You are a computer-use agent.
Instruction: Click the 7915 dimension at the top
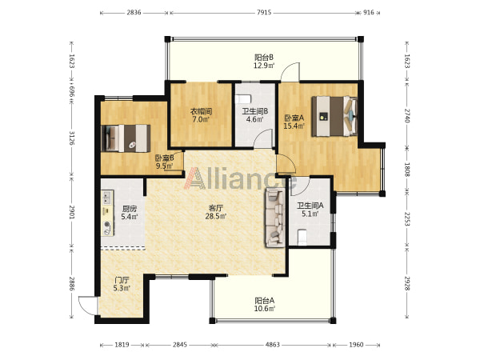point(263,13)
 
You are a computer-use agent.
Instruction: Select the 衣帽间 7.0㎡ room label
point(201,115)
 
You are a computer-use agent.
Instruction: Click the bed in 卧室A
point(334,116)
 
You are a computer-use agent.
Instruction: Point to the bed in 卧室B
point(126,138)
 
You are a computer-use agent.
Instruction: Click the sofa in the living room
point(275,218)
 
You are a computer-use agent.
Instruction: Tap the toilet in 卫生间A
point(302,238)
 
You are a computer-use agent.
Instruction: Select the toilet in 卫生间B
point(243,99)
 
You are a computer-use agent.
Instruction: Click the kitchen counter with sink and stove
point(107,213)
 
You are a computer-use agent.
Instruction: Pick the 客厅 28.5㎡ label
point(215,212)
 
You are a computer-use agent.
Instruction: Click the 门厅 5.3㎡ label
point(122,284)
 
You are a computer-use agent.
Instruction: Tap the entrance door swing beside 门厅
point(87,305)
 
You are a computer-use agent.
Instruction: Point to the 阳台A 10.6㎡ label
point(264,304)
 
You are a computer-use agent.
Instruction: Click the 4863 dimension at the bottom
point(272,345)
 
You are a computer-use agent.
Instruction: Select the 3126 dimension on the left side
point(72,138)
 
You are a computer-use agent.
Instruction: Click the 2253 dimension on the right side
point(407,219)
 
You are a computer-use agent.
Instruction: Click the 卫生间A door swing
point(300,186)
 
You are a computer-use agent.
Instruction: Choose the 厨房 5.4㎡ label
point(129,213)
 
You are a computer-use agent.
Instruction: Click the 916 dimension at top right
point(368,13)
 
